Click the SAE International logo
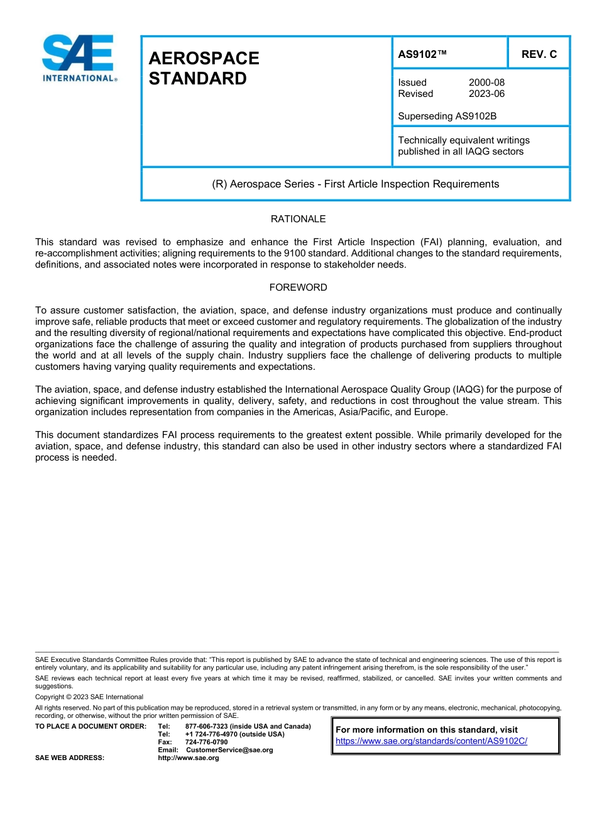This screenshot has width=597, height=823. [79, 58]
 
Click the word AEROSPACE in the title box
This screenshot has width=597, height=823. [204, 59]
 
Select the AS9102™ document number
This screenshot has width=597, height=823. [422, 54]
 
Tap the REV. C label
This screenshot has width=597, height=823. [539, 54]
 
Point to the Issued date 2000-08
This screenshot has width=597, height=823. [486, 82]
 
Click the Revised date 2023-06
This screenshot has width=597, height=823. [486, 94]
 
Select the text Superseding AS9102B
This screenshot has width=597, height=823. [447, 116]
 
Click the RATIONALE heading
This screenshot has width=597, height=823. [298, 219]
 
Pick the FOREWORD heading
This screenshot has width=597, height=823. [298, 288]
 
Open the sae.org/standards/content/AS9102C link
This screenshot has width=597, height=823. [431, 741]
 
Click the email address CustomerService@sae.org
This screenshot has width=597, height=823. [229, 750]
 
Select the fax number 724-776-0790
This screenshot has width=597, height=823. [206, 742]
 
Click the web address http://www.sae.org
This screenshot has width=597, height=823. [188, 758]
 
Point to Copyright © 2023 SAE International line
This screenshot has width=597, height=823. [89, 697]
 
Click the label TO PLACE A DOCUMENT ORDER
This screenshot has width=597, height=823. [90, 727]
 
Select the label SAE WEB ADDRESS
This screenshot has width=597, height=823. [70, 758]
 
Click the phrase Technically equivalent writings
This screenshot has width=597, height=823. [463, 140]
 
